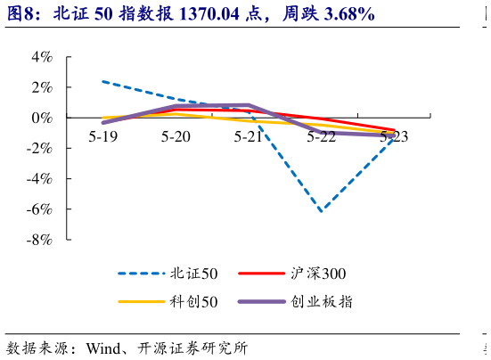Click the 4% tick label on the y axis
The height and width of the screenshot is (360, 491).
click(x=42, y=57)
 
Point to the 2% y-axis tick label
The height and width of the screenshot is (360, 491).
click(x=42, y=87)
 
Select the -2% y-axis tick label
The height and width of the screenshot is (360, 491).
click(x=39, y=148)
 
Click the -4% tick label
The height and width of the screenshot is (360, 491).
click(x=39, y=178)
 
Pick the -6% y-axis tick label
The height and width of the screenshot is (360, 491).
click(x=39, y=209)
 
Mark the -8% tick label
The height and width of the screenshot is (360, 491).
click(x=39, y=240)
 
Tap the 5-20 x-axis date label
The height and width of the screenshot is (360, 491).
click(x=176, y=136)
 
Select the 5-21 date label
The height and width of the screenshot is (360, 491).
click(x=249, y=136)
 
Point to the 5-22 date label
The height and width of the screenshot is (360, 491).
click(x=322, y=136)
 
